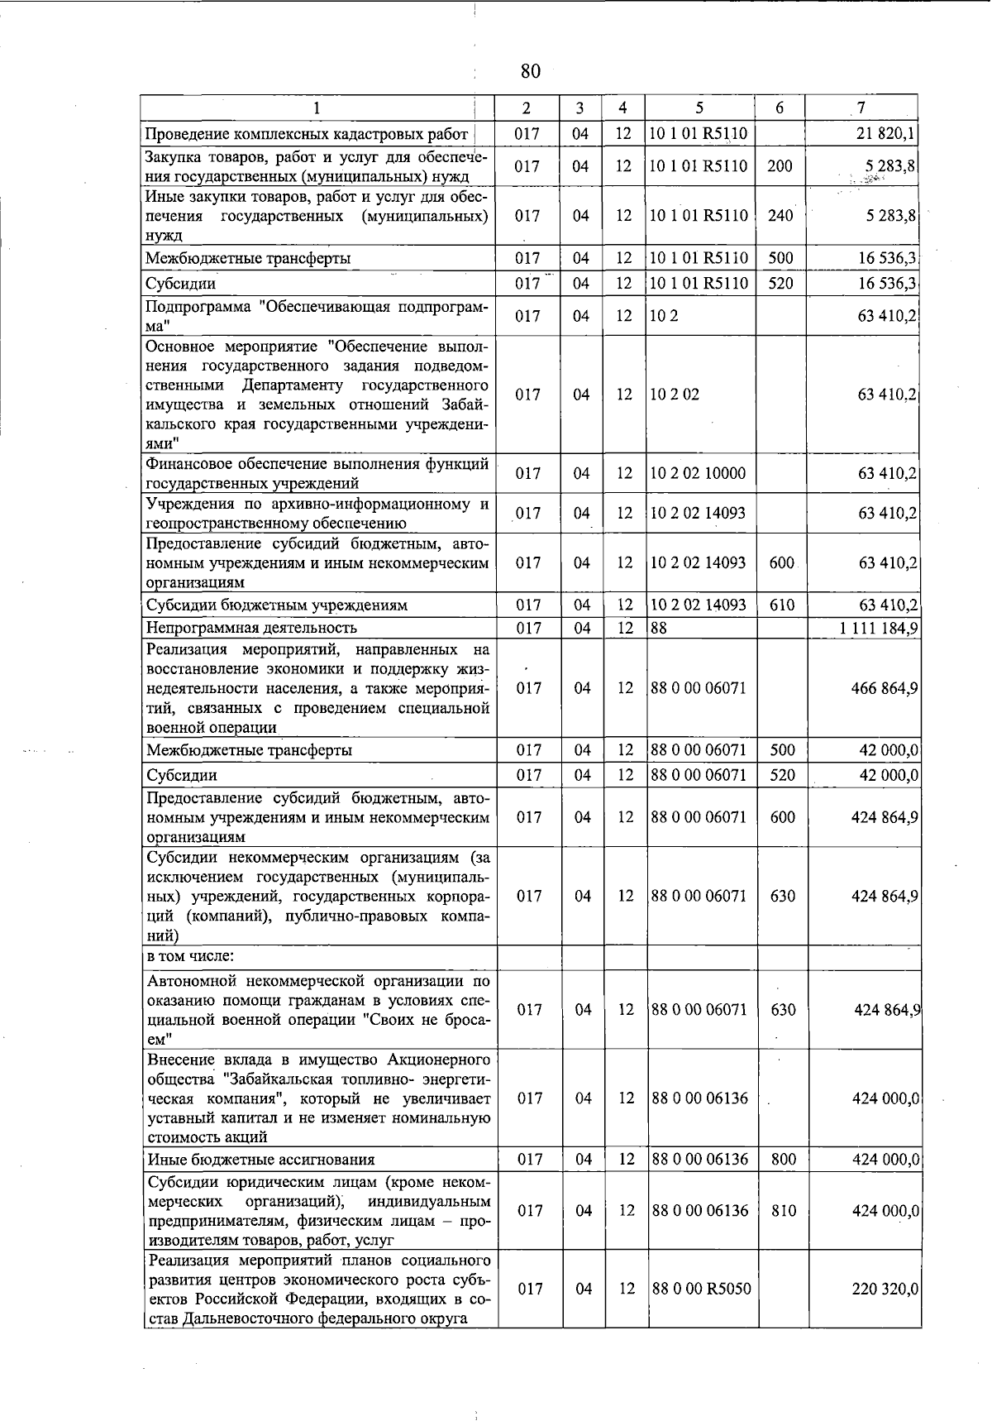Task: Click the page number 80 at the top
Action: [530, 72]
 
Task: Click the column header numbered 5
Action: [699, 108]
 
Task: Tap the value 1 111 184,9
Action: [878, 628]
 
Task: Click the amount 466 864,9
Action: [885, 688]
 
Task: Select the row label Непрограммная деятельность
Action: [251, 628]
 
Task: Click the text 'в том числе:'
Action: [191, 956]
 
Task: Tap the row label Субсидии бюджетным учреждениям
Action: [276, 605]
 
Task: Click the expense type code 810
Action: [782, 1211]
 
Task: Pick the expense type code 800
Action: [782, 1160]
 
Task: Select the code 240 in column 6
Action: [780, 216]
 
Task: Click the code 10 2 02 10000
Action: [699, 473]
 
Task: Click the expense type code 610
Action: [781, 605]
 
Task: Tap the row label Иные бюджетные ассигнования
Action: [260, 1160]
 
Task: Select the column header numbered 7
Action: [861, 108]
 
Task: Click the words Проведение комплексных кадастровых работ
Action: [307, 134]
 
